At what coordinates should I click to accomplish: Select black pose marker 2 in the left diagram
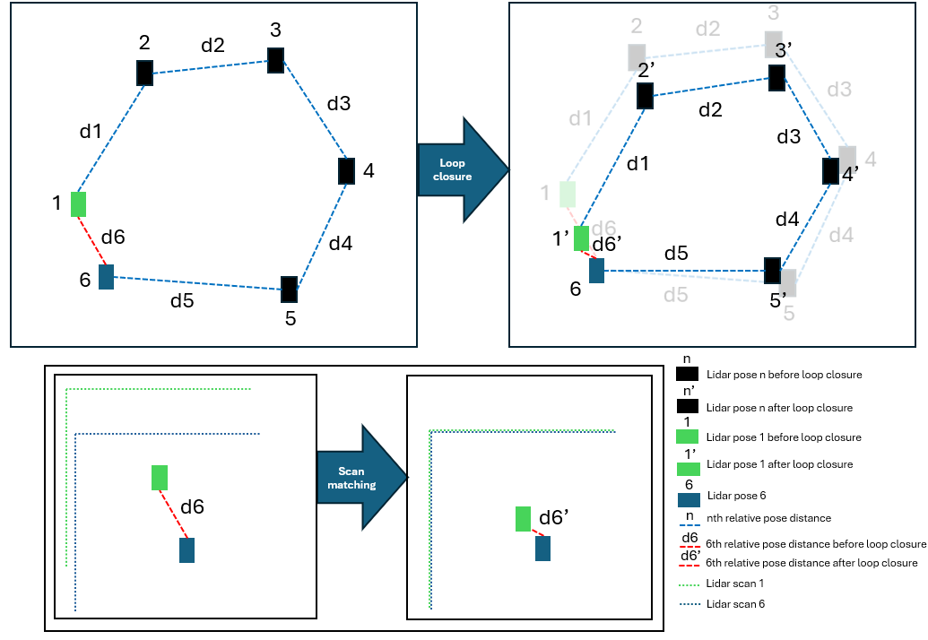click(x=144, y=73)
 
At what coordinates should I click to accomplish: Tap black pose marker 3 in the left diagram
click(x=275, y=61)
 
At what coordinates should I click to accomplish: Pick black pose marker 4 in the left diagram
click(x=346, y=170)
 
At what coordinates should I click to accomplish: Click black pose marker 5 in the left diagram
click(x=289, y=289)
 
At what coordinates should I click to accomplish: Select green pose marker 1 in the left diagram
click(x=79, y=204)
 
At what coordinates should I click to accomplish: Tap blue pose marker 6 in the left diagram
click(x=106, y=276)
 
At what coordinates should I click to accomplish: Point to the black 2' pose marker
click(x=645, y=96)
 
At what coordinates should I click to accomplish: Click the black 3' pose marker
click(x=777, y=77)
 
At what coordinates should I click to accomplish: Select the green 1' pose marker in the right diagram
click(x=581, y=238)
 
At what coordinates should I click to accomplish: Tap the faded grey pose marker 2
click(x=637, y=56)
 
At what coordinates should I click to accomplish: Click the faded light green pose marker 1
click(x=567, y=194)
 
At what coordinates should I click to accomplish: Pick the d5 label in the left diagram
click(x=182, y=301)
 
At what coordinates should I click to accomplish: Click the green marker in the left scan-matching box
click(x=160, y=478)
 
